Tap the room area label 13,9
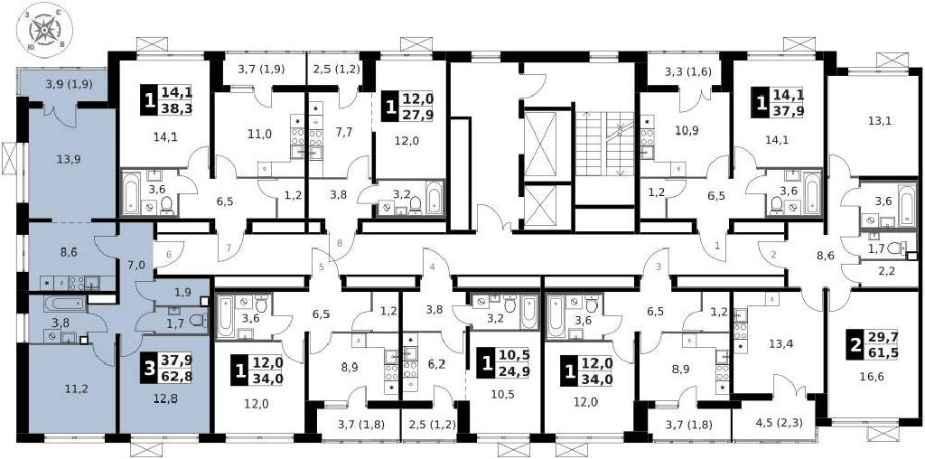point(69,159)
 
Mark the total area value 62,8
point(181,374)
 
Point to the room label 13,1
point(879,122)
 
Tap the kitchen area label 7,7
point(342,133)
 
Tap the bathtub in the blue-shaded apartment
point(65,304)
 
